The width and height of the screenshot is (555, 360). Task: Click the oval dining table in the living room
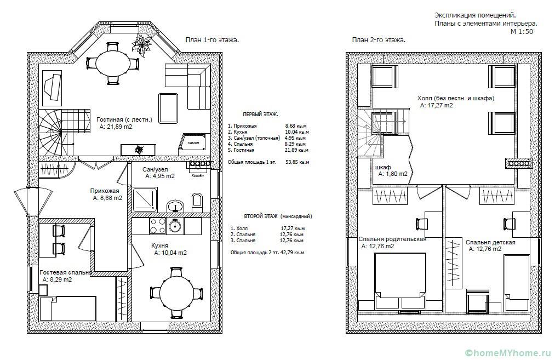[x=112, y=63]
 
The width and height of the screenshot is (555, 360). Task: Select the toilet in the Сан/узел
[x=197, y=202]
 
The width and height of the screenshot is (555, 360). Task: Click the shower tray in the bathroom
[x=145, y=199]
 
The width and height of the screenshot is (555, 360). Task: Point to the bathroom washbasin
[x=175, y=205]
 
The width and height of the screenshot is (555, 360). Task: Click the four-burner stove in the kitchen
[x=158, y=226]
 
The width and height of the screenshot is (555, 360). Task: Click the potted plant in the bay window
[x=141, y=45]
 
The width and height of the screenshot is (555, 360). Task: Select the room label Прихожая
[x=105, y=191]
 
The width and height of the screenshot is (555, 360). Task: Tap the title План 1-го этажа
[x=212, y=40]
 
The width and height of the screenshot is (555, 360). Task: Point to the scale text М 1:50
[x=522, y=31]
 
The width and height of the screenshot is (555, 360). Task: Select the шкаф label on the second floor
[x=382, y=167]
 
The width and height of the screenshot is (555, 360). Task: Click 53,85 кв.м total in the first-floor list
[x=297, y=163]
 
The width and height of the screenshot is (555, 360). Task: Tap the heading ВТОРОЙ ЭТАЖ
[x=260, y=216]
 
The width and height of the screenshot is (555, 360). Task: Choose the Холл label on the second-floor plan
[x=425, y=98]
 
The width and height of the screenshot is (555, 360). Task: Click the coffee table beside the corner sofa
[x=169, y=108]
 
